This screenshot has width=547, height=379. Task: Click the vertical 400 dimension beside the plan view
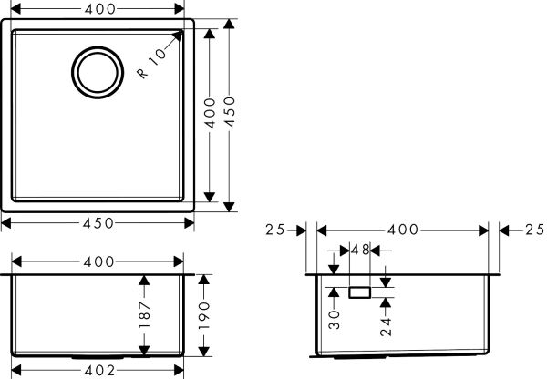pos(211,112)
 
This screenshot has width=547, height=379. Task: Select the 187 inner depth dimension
pos(143,316)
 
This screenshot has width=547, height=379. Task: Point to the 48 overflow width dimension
pos(360,250)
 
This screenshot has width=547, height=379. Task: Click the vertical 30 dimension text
pos(335,318)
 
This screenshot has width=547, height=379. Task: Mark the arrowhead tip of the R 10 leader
pos(183,30)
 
